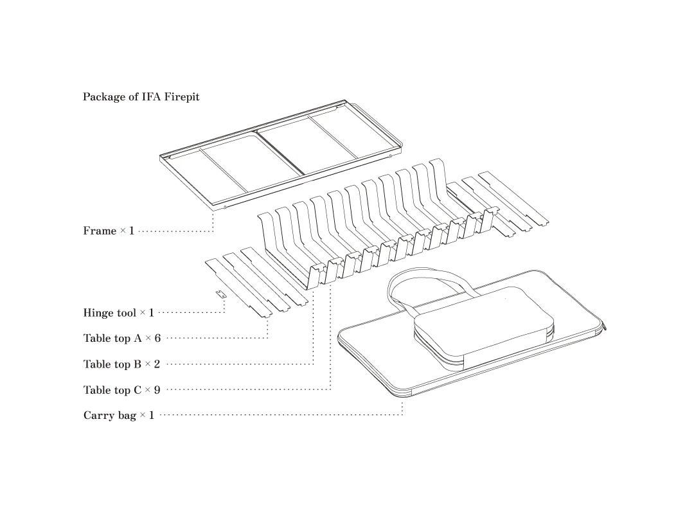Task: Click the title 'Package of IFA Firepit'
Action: tap(141, 97)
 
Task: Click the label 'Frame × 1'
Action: tap(109, 231)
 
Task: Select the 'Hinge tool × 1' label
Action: tap(118, 313)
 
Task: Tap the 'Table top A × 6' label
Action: tap(121, 339)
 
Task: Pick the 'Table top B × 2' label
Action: tap(121, 364)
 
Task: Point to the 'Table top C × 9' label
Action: tap(121, 390)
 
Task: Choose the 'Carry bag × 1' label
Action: tap(118, 416)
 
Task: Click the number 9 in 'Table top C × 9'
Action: tap(157, 390)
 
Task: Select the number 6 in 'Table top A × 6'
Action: tap(157, 339)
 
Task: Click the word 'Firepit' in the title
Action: tap(181, 97)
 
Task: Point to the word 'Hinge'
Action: tap(98, 313)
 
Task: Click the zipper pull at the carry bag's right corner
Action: tap(604, 328)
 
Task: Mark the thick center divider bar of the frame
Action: tap(280, 152)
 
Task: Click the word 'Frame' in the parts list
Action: tap(99, 231)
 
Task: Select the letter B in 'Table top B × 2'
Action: tap(137, 364)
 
